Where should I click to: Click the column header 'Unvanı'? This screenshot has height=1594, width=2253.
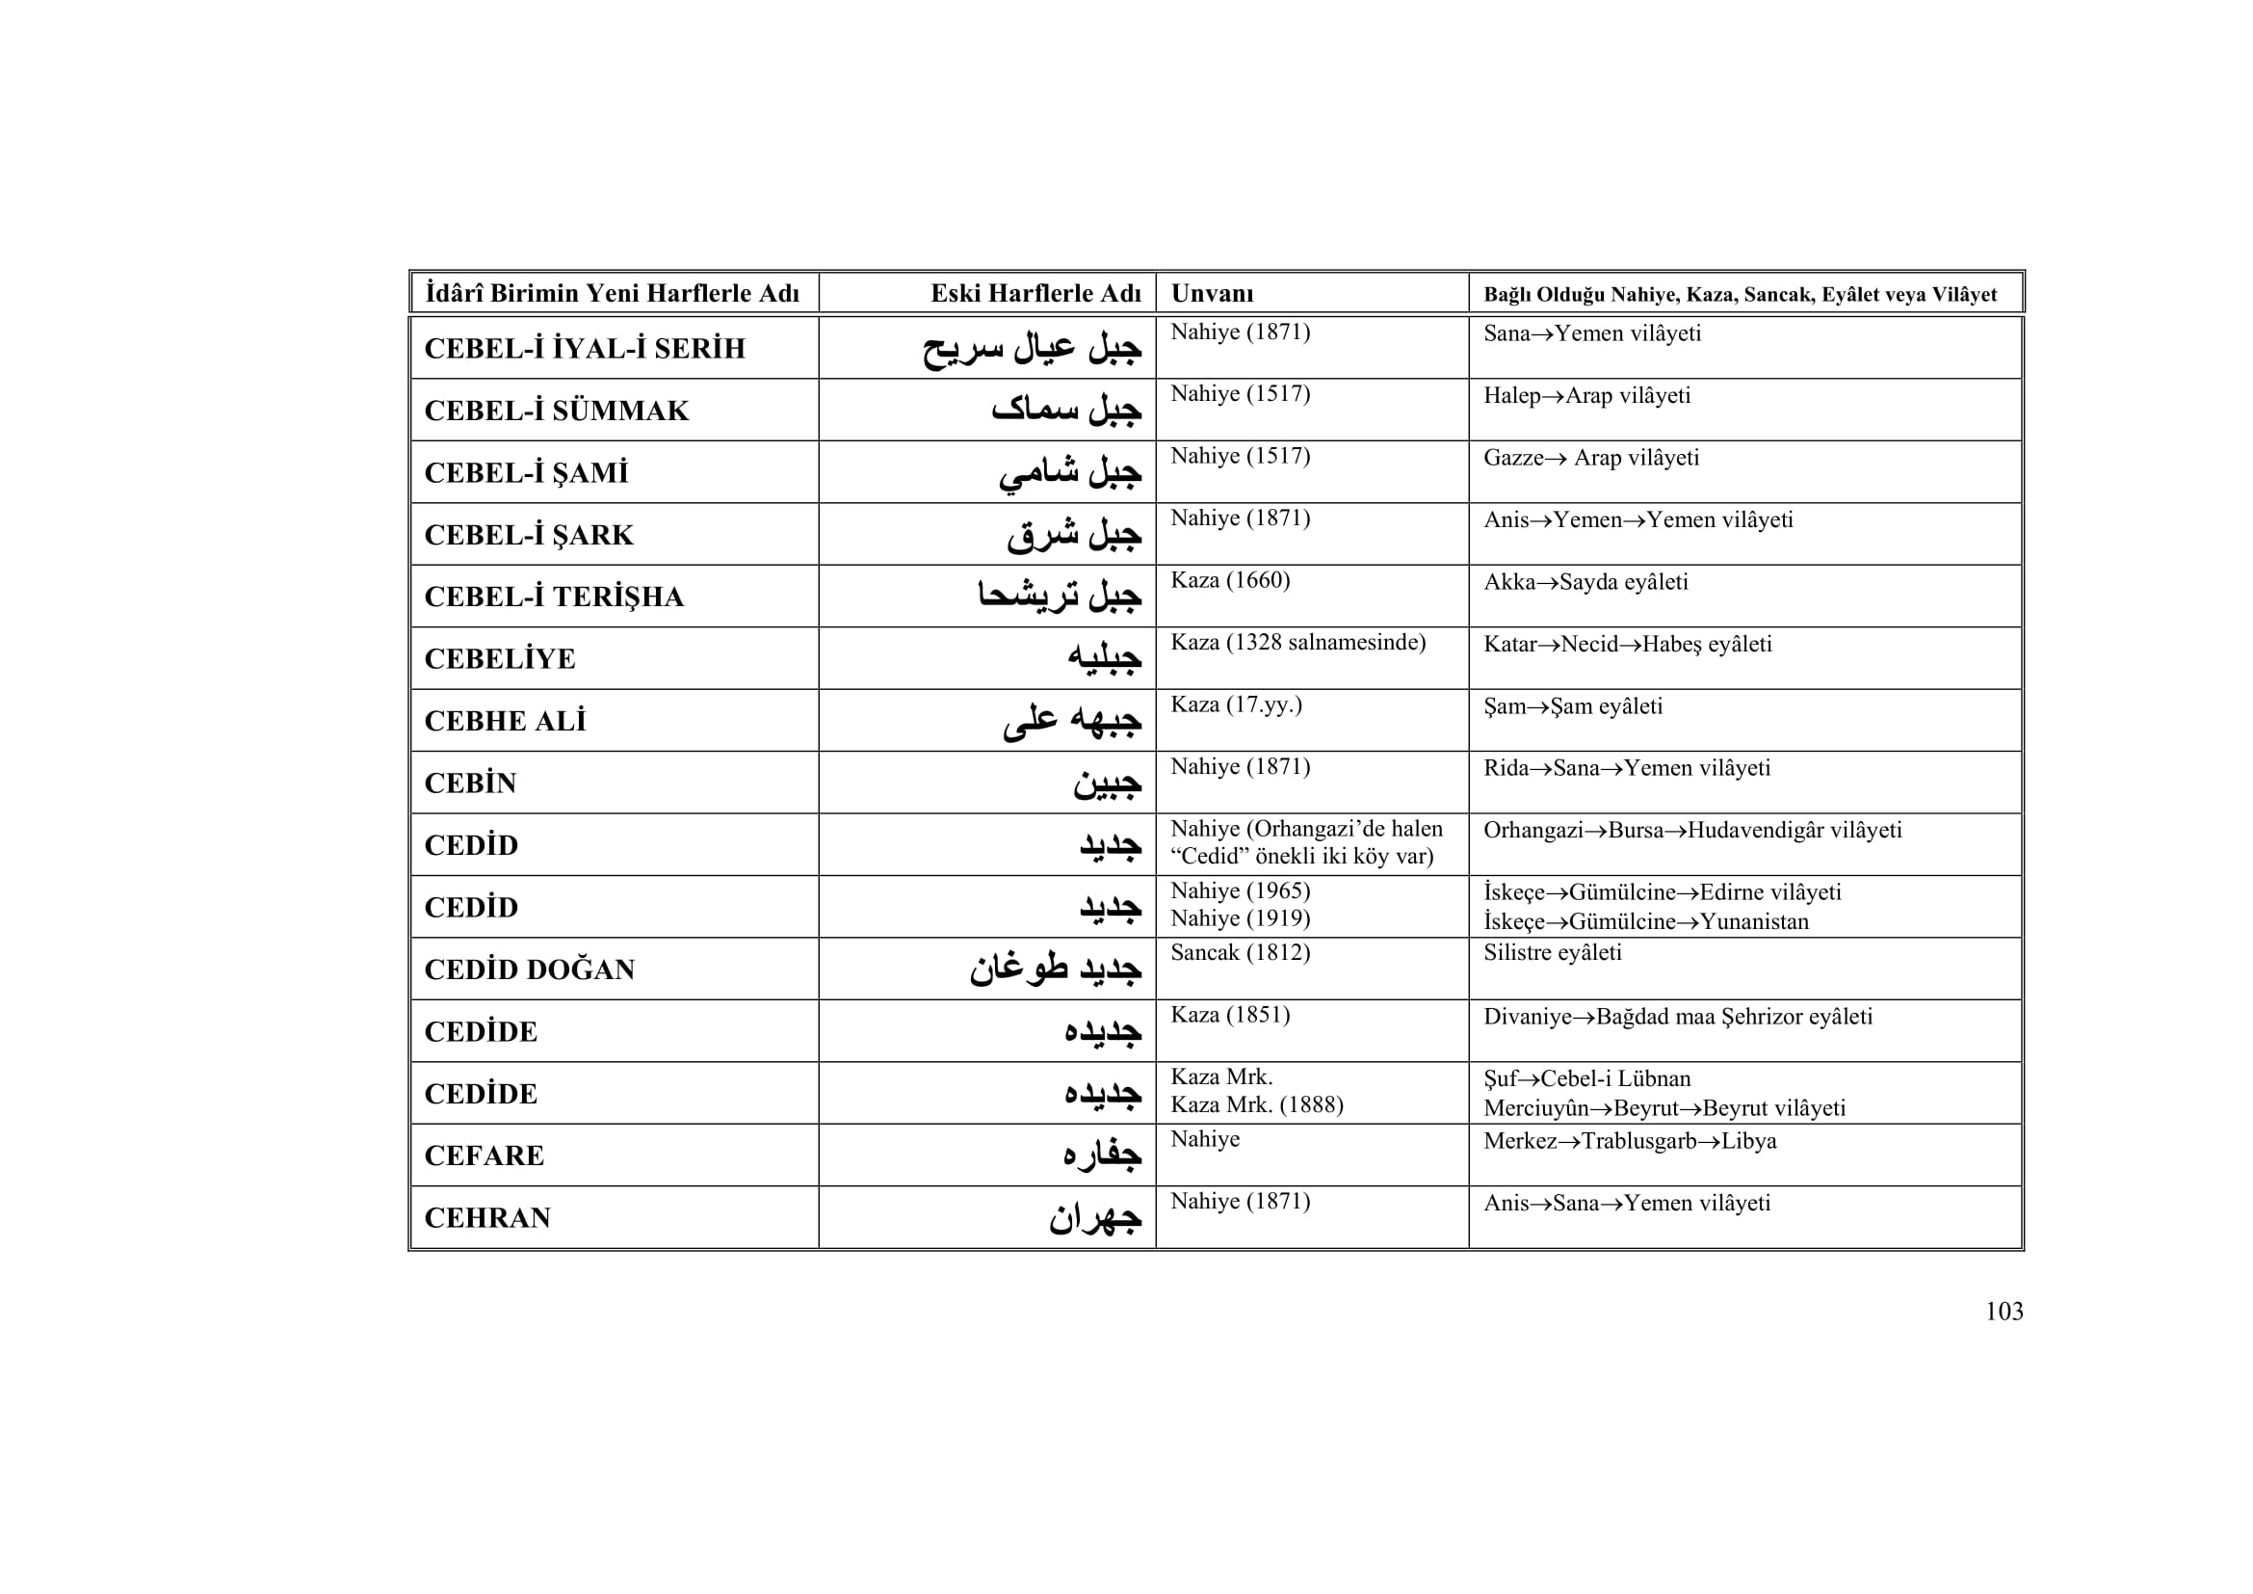click(1212, 294)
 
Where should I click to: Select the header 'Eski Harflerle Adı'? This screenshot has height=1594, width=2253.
click(1035, 294)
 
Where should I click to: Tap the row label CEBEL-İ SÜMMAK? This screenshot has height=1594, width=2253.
click(557, 411)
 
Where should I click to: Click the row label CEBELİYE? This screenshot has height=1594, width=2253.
click(500, 658)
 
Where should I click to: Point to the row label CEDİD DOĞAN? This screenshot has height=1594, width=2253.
click(529, 970)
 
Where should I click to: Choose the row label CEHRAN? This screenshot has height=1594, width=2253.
click(486, 1218)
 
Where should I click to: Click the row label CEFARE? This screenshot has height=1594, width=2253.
click(484, 1156)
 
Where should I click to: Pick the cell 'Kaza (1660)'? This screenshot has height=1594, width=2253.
click(1229, 580)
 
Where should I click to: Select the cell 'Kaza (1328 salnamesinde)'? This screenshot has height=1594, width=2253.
click(1297, 643)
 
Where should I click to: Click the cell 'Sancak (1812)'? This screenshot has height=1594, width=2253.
click(1240, 952)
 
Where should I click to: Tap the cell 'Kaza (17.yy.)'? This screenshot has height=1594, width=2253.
click(1236, 704)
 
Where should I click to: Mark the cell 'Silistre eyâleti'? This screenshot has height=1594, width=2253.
click(1552, 952)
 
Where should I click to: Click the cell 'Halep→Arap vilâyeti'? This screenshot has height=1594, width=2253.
click(1586, 395)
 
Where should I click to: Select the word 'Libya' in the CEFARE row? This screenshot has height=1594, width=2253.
click(1748, 1141)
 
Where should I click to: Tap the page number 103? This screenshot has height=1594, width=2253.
click(2004, 1312)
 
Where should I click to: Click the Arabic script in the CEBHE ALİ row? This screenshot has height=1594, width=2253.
click(1071, 721)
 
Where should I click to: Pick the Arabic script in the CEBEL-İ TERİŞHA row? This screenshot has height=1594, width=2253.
click(1059, 596)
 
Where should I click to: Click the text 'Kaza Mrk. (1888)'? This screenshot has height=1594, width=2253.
click(1256, 1105)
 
